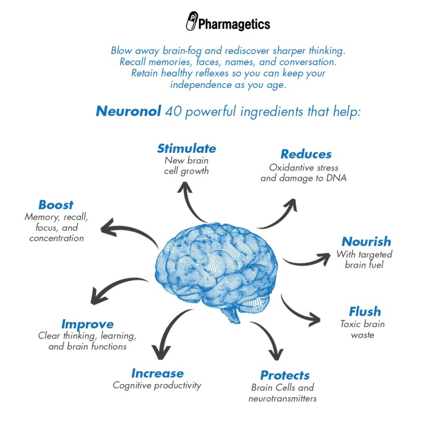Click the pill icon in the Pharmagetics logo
point(192,21)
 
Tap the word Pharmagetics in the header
point(234,24)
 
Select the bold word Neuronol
point(129,111)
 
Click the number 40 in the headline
point(173,111)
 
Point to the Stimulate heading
point(186,148)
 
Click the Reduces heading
point(306,154)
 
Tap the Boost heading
point(56,205)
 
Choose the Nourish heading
point(367,241)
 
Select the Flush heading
point(365,312)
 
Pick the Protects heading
point(285,375)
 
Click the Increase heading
point(158,373)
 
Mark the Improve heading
point(87,325)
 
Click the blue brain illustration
point(216,272)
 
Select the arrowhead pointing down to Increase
point(161,353)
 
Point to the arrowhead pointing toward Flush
point(315,320)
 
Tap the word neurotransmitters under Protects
point(282,399)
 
